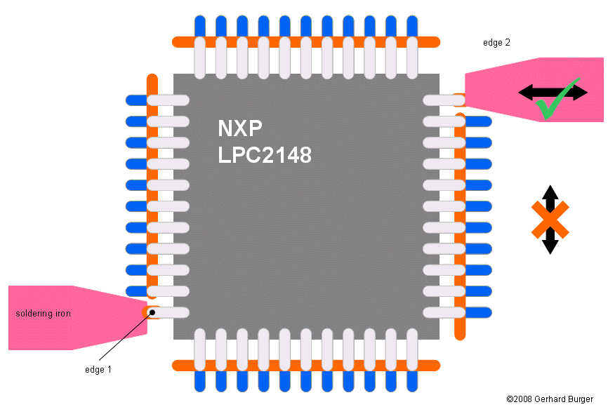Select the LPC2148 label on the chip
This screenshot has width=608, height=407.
click(x=265, y=154)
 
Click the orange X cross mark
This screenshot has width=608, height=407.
click(x=550, y=220)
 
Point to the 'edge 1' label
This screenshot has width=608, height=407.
click(x=98, y=368)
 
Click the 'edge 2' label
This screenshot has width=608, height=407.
click(x=496, y=43)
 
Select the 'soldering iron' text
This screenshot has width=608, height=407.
click(x=44, y=314)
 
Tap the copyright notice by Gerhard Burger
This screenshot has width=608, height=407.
click(x=550, y=399)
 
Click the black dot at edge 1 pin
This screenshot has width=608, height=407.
click(x=151, y=313)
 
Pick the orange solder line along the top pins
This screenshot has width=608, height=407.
click(x=305, y=41)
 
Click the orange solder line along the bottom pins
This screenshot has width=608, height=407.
click(x=305, y=366)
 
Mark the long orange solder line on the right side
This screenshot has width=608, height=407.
click(x=460, y=225)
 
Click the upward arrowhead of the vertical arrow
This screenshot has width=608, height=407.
click(x=550, y=192)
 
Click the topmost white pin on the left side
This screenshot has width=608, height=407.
click(x=168, y=100)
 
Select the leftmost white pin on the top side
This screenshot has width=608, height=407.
click(x=200, y=58)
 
